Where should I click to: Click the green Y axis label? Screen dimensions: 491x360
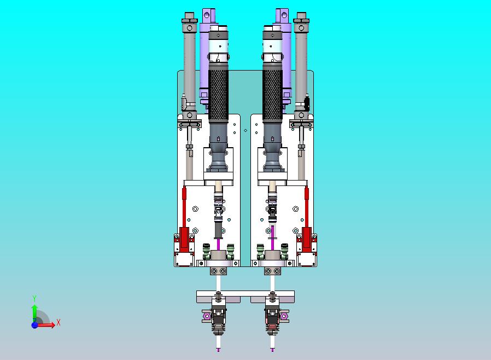(x=34, y=298)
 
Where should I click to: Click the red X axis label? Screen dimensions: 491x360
(x=59, y=322)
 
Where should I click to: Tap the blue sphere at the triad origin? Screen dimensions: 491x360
(x=34, y=325)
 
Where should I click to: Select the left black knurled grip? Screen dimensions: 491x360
(x=218, y=95)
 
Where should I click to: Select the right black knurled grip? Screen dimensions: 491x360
(x=272, y=95)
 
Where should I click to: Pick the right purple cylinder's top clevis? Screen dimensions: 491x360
(x=282, y=15)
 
